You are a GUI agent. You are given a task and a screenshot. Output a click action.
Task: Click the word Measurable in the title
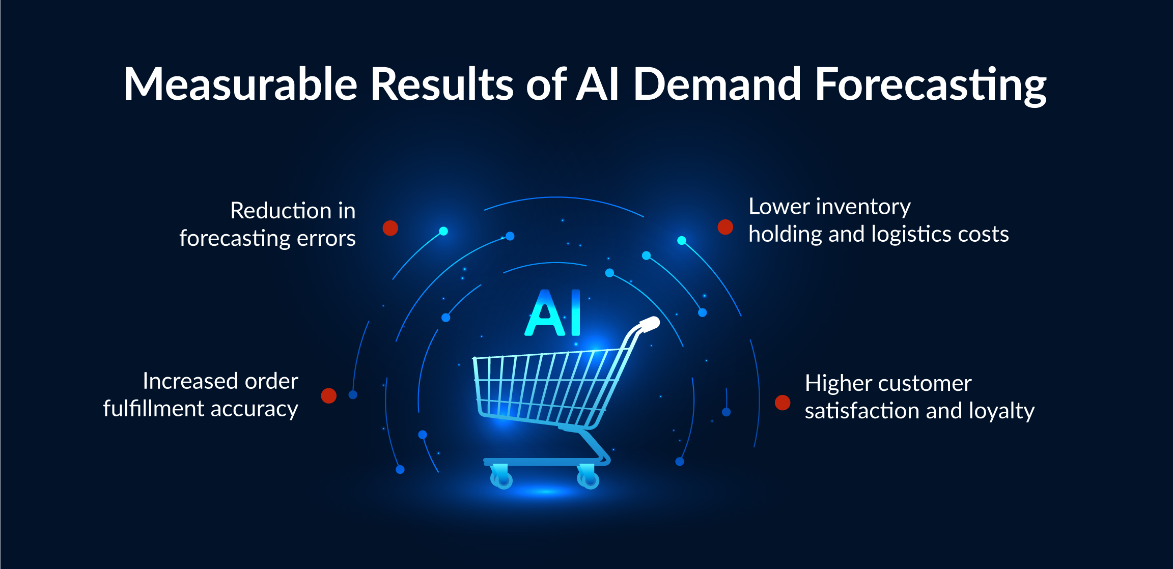(x=241, y=84)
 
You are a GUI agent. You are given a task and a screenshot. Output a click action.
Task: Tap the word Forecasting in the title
(x=931, y=86)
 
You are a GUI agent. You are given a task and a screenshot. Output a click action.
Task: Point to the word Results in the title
(x=442, y=83)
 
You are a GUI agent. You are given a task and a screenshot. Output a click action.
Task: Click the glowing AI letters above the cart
(x=553, y=312)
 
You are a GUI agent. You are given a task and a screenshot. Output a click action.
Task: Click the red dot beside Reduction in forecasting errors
(x=390, y=228)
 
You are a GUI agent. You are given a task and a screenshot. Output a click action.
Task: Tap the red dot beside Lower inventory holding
(x=725, y=227)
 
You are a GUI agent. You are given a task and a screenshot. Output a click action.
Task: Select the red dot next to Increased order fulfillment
(x=329, y=395)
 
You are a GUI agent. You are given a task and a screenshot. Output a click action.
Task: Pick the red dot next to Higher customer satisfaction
(x=783, y=403)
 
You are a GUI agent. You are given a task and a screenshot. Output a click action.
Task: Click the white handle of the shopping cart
(x=650, y=324)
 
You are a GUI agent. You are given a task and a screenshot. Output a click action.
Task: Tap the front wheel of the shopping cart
(x=502, y=479)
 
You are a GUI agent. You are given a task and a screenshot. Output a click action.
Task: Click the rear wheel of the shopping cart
(x=589, y=479)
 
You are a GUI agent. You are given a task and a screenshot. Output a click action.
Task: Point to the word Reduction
(x=281, y=211)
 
